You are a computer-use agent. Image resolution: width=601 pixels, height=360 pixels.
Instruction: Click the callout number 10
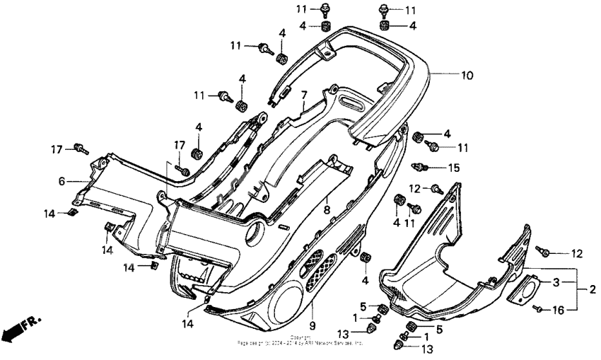coord(467,74)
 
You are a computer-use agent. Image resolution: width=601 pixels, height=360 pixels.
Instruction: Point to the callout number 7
coord(304,95)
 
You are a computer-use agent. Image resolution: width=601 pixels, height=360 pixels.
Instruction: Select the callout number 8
coord(327,210)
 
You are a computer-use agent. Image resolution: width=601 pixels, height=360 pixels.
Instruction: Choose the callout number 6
coord(62,182)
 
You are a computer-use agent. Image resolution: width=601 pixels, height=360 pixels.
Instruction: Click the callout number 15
coord(455,168)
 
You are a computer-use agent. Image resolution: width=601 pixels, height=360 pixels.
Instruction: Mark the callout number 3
coord(556,283)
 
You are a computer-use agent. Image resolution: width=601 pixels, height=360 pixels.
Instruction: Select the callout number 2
coord(593,289)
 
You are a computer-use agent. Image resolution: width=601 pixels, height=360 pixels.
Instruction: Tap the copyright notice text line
coord(300,342)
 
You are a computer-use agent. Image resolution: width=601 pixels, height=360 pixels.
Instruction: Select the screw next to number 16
coord(539,309)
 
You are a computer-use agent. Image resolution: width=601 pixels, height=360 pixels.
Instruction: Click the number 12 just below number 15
coord(415,188)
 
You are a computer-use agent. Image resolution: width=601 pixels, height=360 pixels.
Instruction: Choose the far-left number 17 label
coord(57,149)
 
